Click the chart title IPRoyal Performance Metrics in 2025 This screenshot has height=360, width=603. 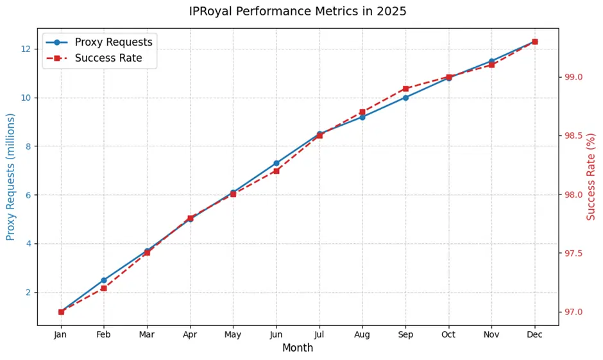pos(298,12)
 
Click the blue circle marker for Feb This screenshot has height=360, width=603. pos(104,280)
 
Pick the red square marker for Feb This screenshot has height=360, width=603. pos(104,288)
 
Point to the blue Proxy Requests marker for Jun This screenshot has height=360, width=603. pos(276,163)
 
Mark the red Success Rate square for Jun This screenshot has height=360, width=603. pos(276,171)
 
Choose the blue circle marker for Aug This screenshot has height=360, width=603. pos(362,117)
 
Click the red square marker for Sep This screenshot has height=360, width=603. pos(405,89)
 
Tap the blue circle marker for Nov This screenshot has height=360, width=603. pos(491,62)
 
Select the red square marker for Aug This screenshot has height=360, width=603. pos(362,112)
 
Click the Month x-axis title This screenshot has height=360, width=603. pos(298,348)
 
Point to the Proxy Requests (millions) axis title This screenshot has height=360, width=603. pos(11,176)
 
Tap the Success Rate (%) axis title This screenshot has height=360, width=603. pos(591,176)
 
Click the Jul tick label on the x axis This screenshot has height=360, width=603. pos(319,334)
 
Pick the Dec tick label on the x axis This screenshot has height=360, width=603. pos(534,334)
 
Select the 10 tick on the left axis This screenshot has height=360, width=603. pos(26,98)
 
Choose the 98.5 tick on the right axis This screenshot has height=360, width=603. pos(573,136)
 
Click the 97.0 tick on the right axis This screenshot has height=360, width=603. pos(573,313)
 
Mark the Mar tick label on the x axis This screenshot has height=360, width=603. pos(147,334)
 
